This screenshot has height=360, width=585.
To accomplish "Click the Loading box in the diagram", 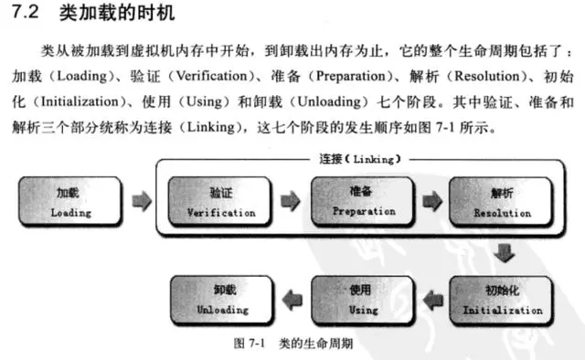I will pyautogui.click(x=70, y=202).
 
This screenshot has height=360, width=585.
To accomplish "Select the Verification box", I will pyautogui.click(x=220, y=202).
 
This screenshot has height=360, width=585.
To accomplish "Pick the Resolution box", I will pyautogui.click(x=501, y=202).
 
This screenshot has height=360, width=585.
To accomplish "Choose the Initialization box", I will pyautogui.click(x=501, y=300).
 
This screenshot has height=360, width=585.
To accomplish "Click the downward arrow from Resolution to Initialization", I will pyautogui.click(x=502, y=251).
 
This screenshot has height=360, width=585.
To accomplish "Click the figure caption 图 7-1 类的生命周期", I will pyautogui.click(x=293, y=344).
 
